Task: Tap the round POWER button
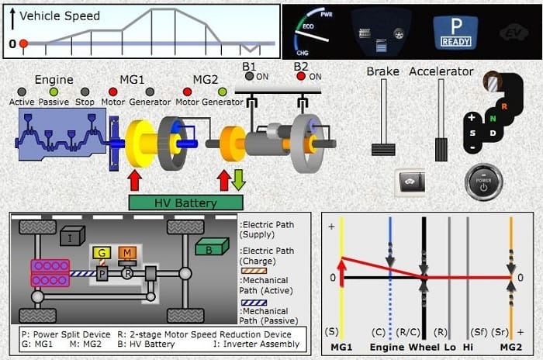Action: coord(483,184)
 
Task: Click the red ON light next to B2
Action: coord(300,76)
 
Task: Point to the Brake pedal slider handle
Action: coord(379,148)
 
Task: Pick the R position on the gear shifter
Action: coord(503,106)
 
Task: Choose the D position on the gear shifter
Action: coord(493,133)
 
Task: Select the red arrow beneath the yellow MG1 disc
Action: coord(135,180)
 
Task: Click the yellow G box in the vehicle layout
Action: coord(102,254)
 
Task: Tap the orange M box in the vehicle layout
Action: coord(126,253)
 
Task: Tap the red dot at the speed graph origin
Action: coord(23,43)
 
